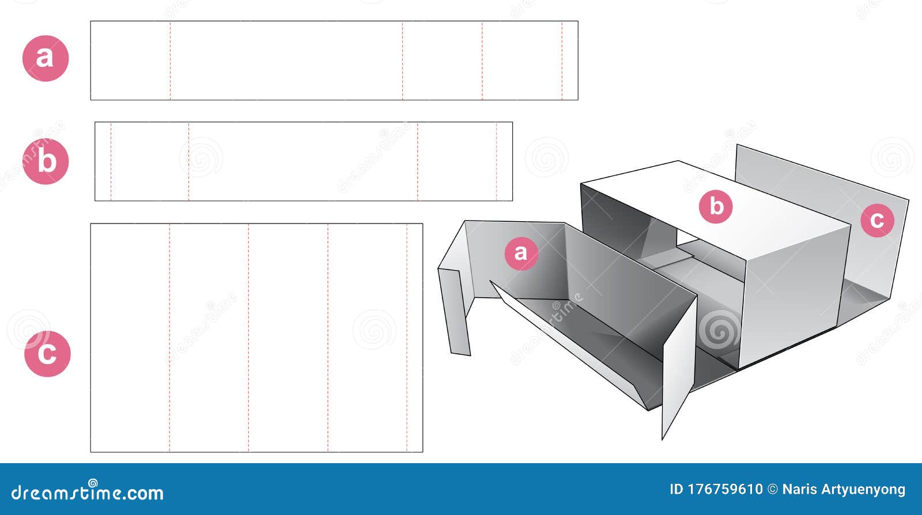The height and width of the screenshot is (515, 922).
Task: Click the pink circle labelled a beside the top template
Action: click(46, 58)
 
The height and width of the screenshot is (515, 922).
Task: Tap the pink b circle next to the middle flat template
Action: click(46, 161)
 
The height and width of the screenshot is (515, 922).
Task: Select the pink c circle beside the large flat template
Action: click(47, 354)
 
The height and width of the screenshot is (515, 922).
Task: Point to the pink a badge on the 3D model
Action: click(521, 253)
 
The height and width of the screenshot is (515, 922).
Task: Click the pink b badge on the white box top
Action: click(716, 206)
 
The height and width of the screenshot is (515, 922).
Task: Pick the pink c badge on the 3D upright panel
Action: click(877, 220)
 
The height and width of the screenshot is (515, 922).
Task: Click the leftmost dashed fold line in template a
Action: click(170, 60)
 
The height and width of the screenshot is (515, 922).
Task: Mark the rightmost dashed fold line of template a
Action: click(562, 60)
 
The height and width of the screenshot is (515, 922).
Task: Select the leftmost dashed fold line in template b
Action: click(111, 161)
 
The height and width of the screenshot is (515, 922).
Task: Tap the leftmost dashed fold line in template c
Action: click(169, 338)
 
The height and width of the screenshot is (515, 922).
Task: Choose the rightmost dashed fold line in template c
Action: click(407, 338)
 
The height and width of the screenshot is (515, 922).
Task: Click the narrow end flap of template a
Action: click(570, 60)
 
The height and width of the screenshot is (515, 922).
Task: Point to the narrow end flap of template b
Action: click(103, 161)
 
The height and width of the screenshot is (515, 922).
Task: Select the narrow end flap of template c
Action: click(414, 338)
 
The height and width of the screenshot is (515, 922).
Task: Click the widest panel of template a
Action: click(286, 60)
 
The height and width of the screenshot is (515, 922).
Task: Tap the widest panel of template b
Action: click(303, 161)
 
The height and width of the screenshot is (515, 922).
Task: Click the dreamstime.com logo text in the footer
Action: click(87, 491)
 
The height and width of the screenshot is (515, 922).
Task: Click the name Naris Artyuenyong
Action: click(844, 490)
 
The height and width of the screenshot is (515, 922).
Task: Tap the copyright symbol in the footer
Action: click(773, 490)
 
